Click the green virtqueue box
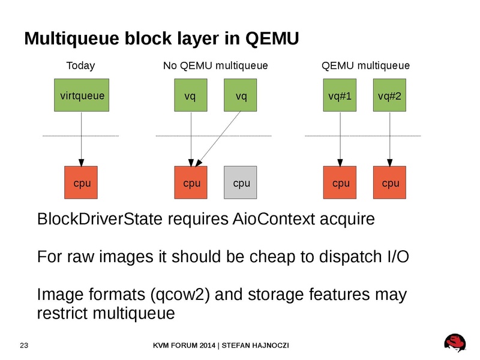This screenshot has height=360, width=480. [82, 95]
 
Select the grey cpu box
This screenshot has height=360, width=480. [241, 182]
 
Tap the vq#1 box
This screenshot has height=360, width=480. [340, 95]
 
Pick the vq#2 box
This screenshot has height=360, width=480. [389, 95]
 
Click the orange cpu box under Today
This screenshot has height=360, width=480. [82, 182]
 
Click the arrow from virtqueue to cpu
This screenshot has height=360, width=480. [82, 138]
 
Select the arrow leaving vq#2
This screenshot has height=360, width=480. [389, 138]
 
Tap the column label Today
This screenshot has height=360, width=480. [80, 65]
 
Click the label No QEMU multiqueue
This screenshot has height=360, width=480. [215, 65]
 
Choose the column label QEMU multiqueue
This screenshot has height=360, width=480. [366, 65]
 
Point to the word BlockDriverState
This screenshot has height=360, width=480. [99, 219]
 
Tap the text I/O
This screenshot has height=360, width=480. [395, 257]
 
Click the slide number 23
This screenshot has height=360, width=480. [25, 346]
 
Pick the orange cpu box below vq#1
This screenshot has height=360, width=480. [340, 182]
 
